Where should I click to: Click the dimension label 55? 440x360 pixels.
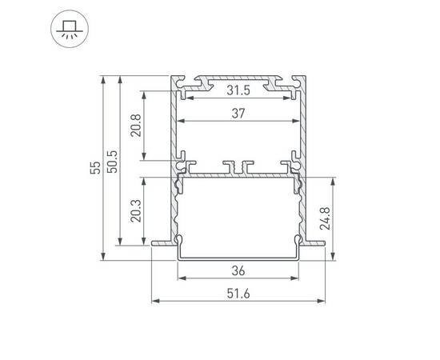[x=95, y=168]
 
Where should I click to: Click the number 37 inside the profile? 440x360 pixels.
[x=238, y=114]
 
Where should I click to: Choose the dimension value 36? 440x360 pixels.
[x=239, y=270]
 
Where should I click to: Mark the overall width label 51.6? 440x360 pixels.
[x=239, y=293]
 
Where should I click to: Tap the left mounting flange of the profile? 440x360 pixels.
[x=160, y=241]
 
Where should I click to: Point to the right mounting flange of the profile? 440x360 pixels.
[x=318, y=241]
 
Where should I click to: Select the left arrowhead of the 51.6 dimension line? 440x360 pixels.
[x=154, y=302]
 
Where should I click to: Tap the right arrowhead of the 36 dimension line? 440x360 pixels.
[x=298, y=278]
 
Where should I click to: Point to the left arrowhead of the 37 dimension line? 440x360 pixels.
[x=179, y=122]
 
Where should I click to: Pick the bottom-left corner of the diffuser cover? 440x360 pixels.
[x=178, y=257]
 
